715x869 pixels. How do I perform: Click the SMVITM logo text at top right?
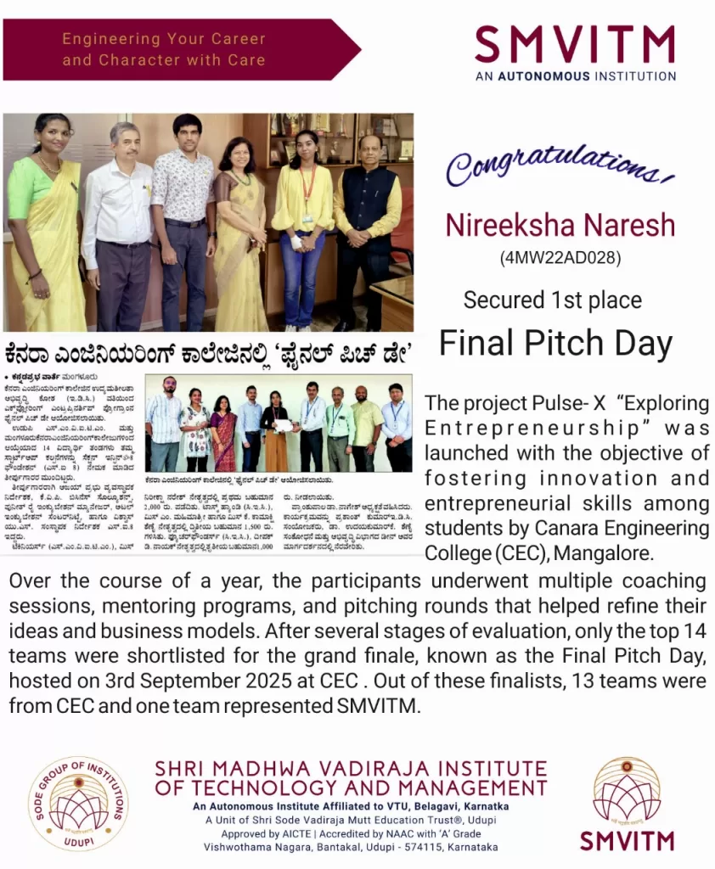[575, 45]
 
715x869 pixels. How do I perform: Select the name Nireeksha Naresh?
[560, 225]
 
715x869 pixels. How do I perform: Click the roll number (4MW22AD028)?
[560, 257]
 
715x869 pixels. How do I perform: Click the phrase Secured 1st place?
[552, 300]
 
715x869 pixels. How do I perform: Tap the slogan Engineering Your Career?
[164, 39]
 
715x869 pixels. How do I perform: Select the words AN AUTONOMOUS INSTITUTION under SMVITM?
[575, 76]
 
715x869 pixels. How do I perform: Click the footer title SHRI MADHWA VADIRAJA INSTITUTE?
[351, 769]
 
